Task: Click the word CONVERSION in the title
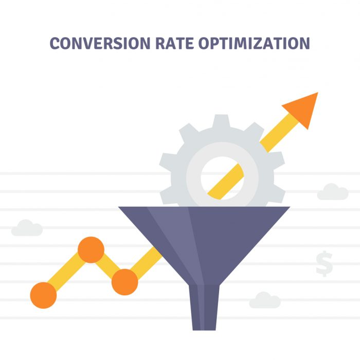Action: point(100,43)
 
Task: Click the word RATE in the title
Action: point(174,43)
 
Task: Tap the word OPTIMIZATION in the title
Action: point(254,43)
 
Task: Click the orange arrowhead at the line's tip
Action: point(302,109)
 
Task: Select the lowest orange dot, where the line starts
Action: point(43,295)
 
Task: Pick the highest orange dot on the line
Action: point(91,250)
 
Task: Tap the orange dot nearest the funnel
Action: point(124,282)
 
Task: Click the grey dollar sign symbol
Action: point(324,263)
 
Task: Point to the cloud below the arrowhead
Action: point(333,192)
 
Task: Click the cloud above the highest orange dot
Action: point(27,228)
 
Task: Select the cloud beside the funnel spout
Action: point(265,300)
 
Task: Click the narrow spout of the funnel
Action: point(204,308)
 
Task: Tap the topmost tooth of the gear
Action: point(221,120)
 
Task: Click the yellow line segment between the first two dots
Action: point(67,273)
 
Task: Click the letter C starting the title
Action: point(55,43)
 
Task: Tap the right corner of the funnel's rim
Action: point(290,207)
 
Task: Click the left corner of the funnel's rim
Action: point(118,207)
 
